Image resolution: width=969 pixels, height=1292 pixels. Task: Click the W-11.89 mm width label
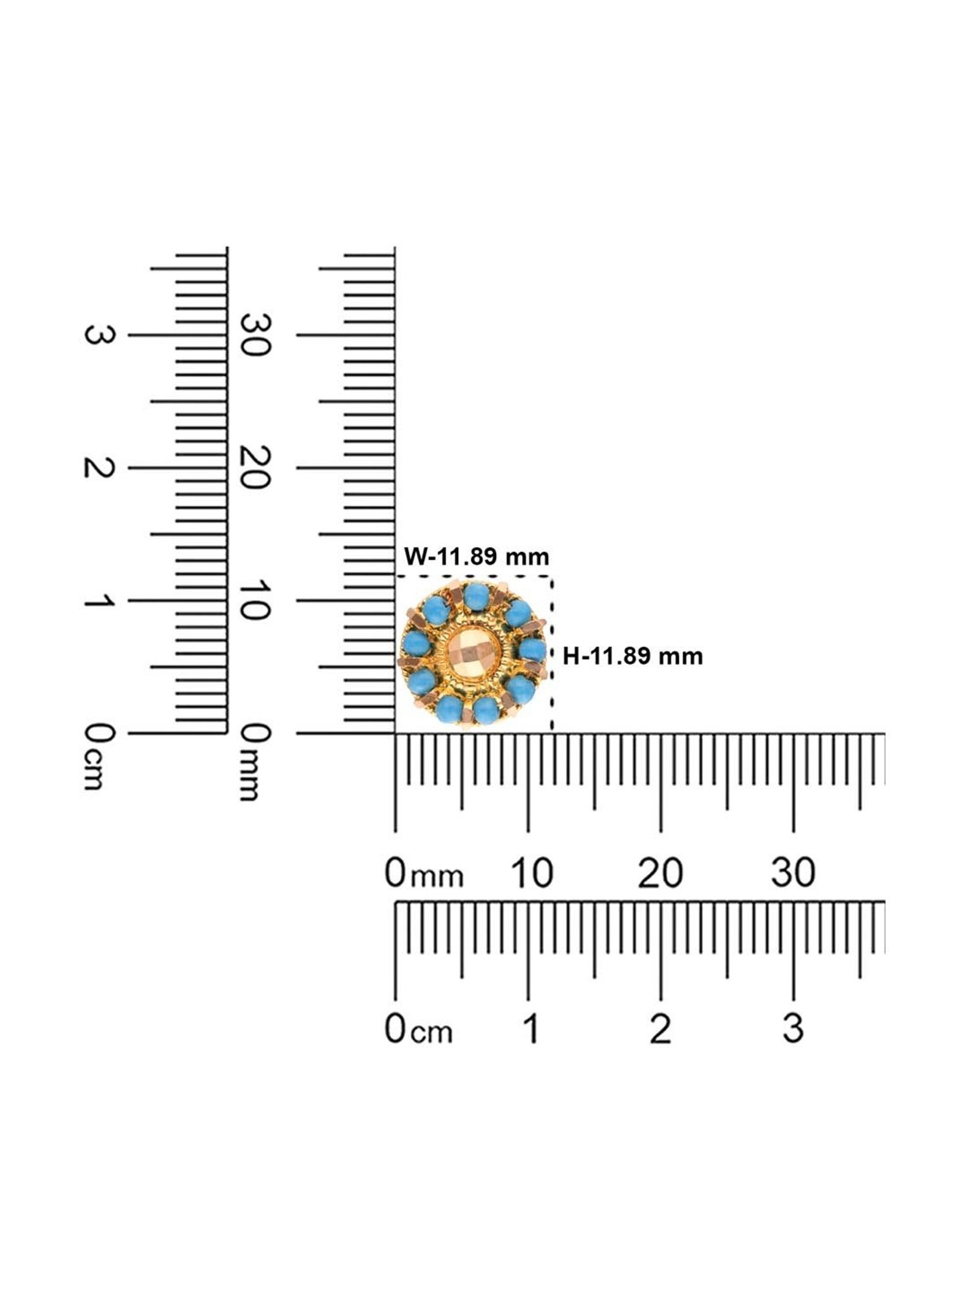coord(477,556)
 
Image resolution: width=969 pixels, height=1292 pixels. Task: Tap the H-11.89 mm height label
coord(632,656)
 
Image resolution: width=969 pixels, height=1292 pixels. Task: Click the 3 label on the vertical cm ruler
coord(99,335)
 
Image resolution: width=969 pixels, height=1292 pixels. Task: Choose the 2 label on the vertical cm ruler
coord(99,468)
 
